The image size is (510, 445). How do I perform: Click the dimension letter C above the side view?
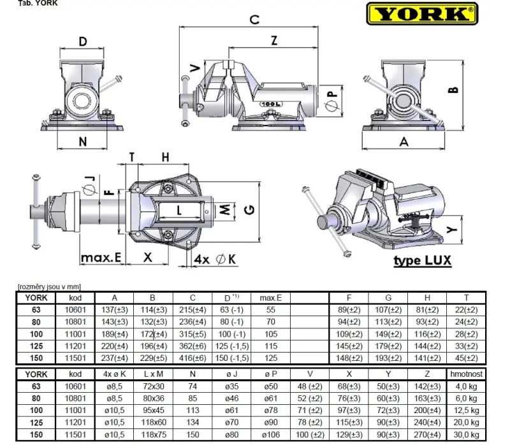click(254, 19)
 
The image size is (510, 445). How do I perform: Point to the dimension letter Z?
click(273, 40)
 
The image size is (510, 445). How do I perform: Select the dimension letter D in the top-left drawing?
click(83, 42)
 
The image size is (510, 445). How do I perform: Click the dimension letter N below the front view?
click(82, 142)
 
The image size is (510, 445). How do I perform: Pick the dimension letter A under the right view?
click(404, 142)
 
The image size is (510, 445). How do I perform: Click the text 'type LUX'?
click(422, 261)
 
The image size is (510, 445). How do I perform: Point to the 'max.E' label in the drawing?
click(101, 258)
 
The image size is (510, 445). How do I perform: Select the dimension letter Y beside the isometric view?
click(451, 228)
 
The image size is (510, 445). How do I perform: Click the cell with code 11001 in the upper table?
click(75, 333)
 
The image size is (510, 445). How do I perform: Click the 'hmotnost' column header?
click(465, 375)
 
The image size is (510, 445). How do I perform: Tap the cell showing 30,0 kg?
click(465, 435)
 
